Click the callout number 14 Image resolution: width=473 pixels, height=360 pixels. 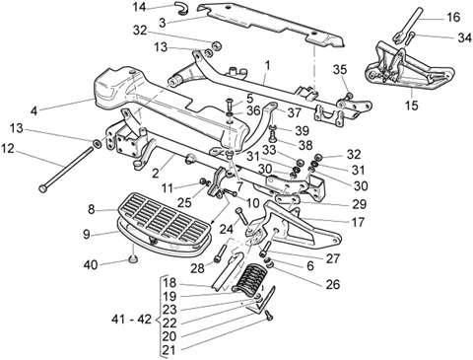(139, 7)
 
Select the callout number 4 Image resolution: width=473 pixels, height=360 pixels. (34, 110)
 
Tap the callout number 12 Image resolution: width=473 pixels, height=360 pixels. (8, 149)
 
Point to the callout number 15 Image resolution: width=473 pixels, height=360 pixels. (412, 106)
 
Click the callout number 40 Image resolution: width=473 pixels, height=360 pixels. (91, 264)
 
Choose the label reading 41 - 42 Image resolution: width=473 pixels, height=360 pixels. (131, 319)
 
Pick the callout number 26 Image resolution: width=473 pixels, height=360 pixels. (332, 284)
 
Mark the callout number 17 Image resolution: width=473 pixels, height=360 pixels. (358, 222)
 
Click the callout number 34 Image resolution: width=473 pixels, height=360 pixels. (464, 38)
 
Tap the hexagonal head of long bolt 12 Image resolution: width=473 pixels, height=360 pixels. (43, 188)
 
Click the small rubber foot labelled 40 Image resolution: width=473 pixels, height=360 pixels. (133, 259)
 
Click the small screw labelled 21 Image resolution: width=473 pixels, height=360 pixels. (270, 316)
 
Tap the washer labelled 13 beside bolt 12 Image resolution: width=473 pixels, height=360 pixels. (97, 144)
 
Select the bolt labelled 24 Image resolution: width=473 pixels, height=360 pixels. (241, 216)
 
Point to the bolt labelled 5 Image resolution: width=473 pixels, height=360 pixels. (230, 105)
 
